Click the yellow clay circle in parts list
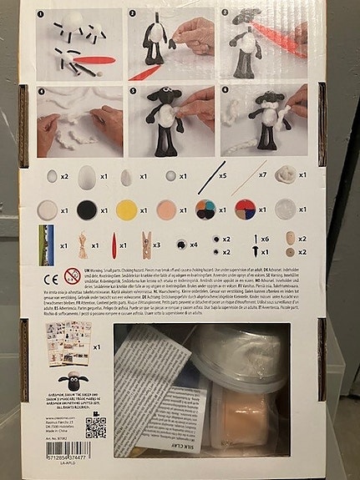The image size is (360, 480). (126, 209)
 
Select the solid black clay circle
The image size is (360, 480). (87, 209)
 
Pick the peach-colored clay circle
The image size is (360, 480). (165, 209)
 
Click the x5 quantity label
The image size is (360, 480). (223, 177)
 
